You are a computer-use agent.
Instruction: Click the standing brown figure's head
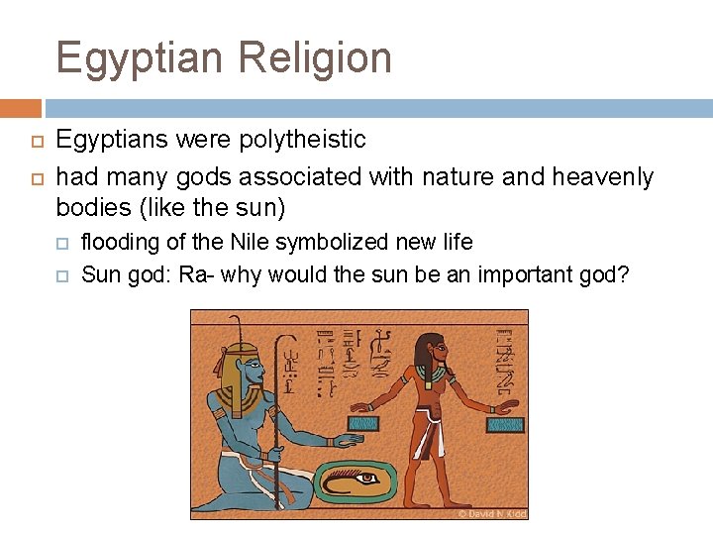(x=432, y=351)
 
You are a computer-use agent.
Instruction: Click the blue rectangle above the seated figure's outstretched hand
(x=363, y=424)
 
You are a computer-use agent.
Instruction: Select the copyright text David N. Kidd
(x=491, y=514)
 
